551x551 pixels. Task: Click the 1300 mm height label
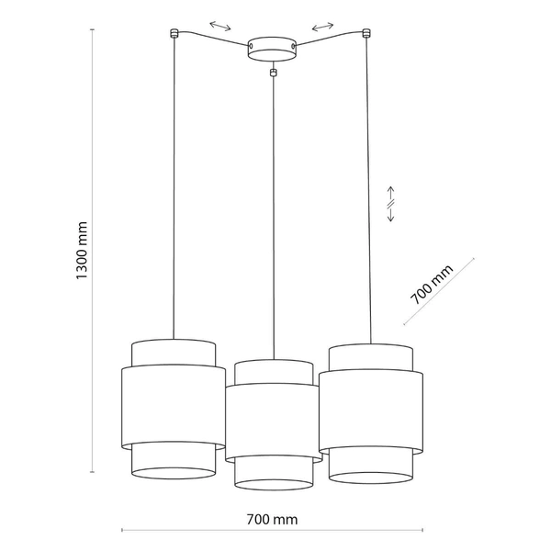82,251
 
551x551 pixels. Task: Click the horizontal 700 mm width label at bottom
273,519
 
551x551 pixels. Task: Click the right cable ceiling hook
366,34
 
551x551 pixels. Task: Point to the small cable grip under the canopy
273,72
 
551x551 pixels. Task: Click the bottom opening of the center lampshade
273,483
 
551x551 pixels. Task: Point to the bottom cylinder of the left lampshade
173,461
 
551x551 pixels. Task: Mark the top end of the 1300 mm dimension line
92,29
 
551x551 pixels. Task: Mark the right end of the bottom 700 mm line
421,531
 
